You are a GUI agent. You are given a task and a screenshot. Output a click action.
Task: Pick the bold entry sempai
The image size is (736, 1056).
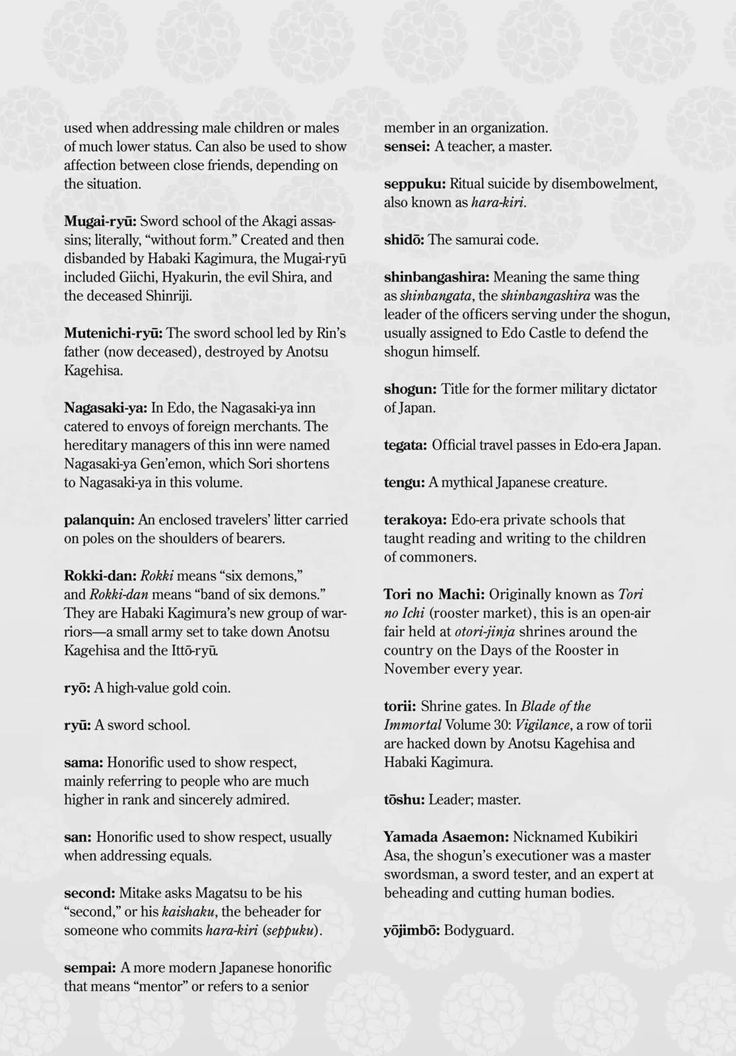pos(90,968)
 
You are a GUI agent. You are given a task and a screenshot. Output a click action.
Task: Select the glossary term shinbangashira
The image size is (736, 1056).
pos(436,277)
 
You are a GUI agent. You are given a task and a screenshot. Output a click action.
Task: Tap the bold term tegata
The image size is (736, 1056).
pos(405,445)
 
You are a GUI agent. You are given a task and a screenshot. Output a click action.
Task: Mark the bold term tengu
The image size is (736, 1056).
pos(404,483)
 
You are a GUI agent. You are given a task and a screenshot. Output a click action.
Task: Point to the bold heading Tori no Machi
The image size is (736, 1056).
pos(434,595)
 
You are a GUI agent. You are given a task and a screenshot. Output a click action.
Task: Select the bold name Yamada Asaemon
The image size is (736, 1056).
pos(446,837)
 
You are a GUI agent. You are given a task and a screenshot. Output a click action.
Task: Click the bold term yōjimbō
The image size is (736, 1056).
pos(411,931)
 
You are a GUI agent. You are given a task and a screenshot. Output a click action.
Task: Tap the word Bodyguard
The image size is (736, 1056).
pos(479,931)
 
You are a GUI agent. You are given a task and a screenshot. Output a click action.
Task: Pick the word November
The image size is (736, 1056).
pos(417,669)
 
